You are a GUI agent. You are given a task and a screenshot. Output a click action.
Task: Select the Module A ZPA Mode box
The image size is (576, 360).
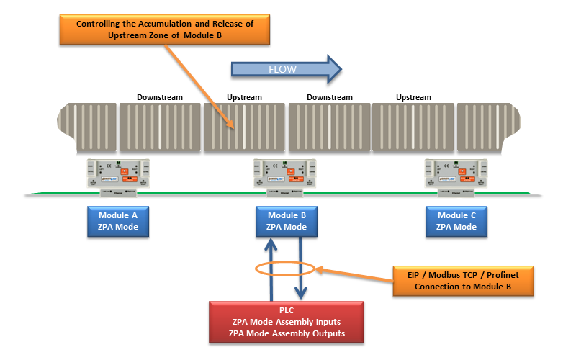point(118,221)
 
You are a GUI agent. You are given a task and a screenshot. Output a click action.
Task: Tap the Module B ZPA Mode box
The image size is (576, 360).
point(287,221)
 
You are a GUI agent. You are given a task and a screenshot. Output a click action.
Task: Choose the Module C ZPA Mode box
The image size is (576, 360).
point(456,221)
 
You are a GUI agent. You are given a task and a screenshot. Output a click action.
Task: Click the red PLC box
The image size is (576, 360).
point(285,321)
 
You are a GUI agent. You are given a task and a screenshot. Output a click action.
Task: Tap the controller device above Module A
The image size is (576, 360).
point(118,175)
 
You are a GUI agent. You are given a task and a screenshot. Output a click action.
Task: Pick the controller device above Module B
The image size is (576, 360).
point(287,175)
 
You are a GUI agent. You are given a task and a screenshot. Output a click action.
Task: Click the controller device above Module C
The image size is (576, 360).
point(456,175)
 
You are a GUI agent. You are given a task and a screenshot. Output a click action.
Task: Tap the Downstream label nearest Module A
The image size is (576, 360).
point(160,97)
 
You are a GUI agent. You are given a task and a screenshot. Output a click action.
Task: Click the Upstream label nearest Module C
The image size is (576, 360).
point(413,97)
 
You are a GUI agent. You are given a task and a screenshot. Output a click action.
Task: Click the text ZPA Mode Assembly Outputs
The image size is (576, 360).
point(285,333)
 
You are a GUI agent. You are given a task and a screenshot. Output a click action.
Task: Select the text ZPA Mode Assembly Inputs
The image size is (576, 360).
point(285,321)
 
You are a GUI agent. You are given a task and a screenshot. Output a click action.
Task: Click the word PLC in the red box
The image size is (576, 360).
point(285,310)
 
